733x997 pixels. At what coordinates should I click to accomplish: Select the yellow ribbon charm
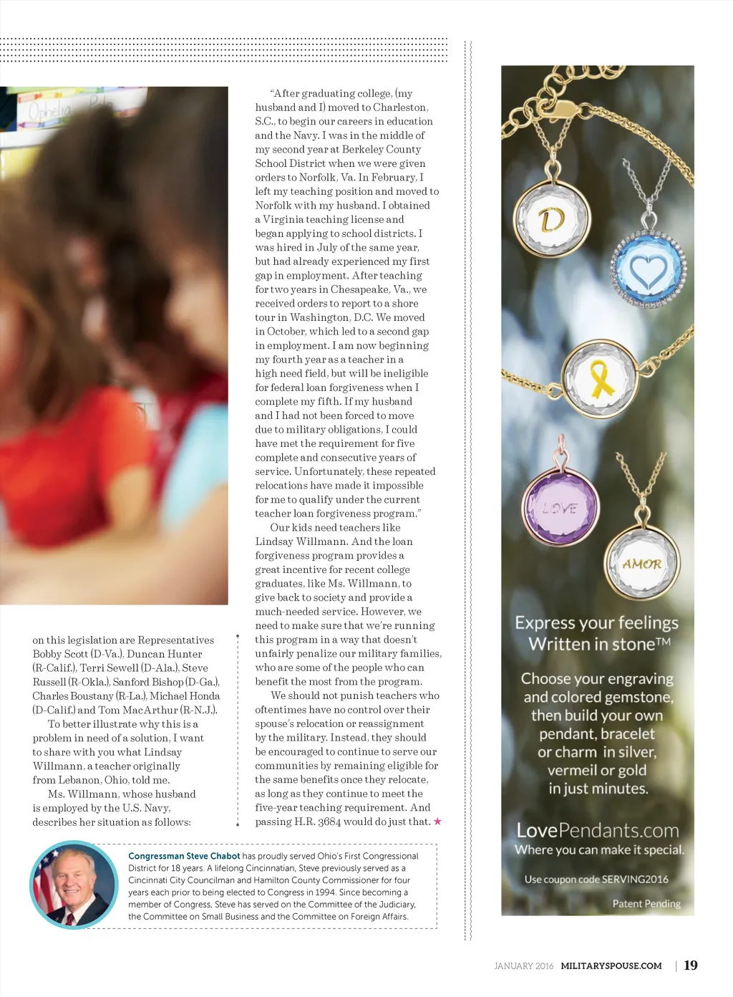coord(600,377)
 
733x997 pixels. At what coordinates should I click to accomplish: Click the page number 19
coord(691,965)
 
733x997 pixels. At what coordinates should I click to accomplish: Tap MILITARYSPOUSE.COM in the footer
coord(611,966)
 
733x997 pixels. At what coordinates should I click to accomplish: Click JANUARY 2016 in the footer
coord(523,966)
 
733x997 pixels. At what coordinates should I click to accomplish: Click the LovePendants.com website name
coord(598,830)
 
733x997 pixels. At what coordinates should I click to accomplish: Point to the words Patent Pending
coord(646,904)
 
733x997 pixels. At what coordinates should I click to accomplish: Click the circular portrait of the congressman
coord(73,885)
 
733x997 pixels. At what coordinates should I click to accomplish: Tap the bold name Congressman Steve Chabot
coord(184,856)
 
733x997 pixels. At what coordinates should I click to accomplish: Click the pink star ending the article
coord(438,822)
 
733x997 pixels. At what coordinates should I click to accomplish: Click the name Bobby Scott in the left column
coord(59,654)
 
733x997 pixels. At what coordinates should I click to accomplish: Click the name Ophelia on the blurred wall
coord(50,111)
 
